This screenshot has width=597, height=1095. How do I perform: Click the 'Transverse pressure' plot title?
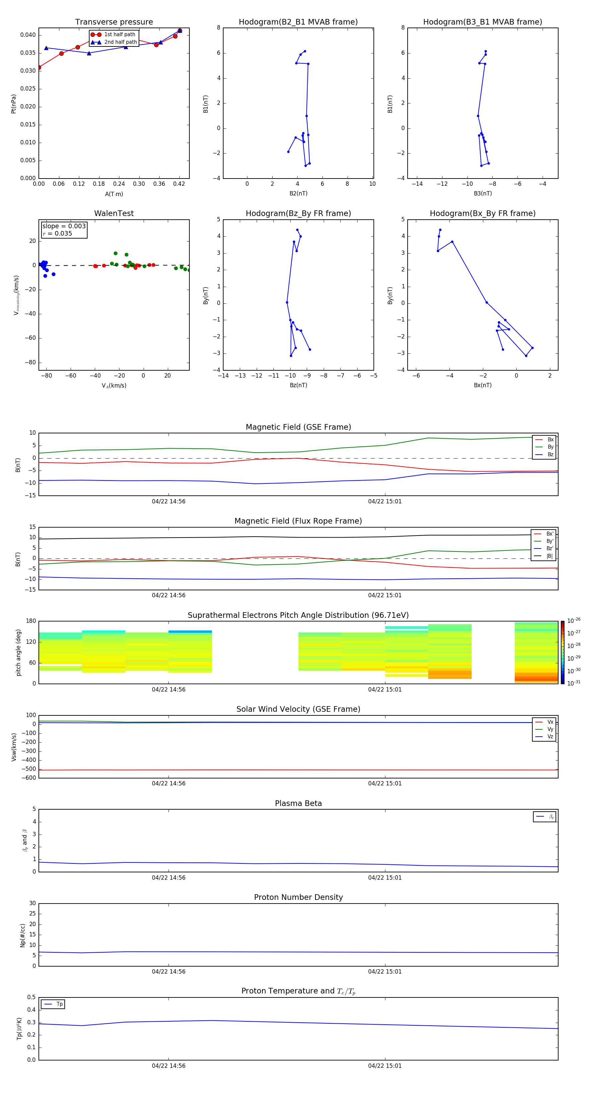click(114, 22)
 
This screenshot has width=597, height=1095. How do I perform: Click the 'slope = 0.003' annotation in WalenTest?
click(64, 226)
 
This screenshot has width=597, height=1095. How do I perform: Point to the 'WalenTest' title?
click(114, 213)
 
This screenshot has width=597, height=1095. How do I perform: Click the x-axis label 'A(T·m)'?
click(114, 194)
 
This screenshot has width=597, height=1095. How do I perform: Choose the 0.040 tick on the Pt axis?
click(28, 35)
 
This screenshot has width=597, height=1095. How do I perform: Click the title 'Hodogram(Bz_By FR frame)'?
click(298, 213)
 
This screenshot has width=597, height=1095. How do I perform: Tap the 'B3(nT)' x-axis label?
click(483, 193)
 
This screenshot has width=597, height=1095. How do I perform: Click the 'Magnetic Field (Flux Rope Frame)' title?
click(298, 521)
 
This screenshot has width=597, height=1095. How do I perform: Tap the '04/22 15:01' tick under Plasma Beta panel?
click(384, 877)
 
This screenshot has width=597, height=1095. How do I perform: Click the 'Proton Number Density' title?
click(298, 897)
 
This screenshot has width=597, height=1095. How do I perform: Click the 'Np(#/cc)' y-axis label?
click(23, 935)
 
